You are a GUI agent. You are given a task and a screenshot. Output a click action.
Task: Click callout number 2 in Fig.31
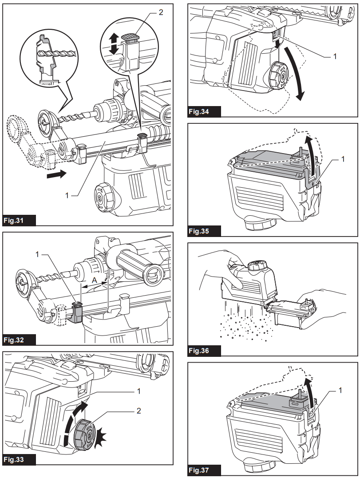coord(161,13)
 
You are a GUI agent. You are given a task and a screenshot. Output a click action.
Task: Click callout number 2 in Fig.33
coord(139,411)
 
